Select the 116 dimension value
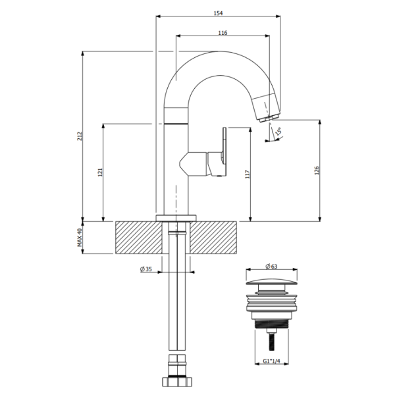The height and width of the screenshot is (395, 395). [x=222, y=33]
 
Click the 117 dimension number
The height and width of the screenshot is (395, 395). [x=248, y=174]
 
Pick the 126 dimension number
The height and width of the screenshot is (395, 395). [x=317, y=171]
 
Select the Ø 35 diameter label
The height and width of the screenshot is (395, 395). [x=145, y=269]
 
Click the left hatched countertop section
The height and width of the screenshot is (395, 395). [x=138, y=238]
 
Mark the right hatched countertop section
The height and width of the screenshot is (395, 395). [x=213, y=238]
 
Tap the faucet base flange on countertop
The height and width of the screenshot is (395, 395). [x=176, y=218]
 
